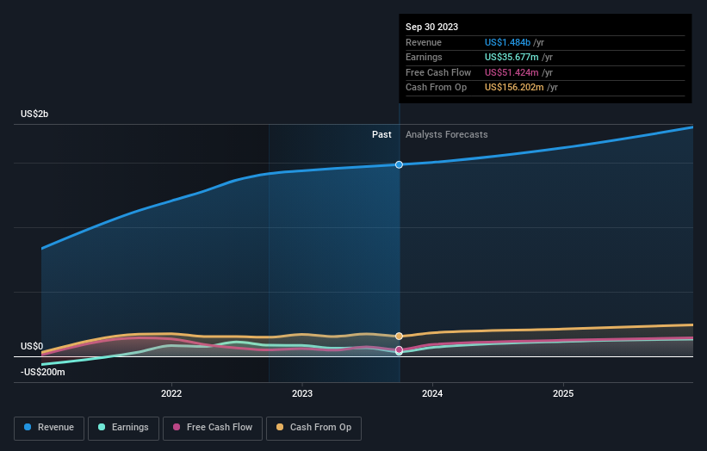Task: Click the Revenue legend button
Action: tap(50, 427)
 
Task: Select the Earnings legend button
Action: tap(123, 427)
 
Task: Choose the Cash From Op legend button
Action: tap(314, 427)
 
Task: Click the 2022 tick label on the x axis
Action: tap(171, 393)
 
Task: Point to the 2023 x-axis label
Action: tap(302, 393)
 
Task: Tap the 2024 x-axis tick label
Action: tap(432, 393)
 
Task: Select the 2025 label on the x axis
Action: tap(563, 393)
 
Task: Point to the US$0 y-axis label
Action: tap(32, 347)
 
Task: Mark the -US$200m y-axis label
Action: tap(43, 371)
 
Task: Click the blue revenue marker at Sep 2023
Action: tap(399, 164)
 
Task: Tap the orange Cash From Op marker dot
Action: tap(399, 337)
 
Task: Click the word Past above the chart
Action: tap(381, 134)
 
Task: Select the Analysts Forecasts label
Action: tap(446, 134)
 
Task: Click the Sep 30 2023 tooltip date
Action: tap(431, 27)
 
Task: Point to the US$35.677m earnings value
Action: tap(511, 57)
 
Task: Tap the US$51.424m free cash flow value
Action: tap(511, 72)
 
